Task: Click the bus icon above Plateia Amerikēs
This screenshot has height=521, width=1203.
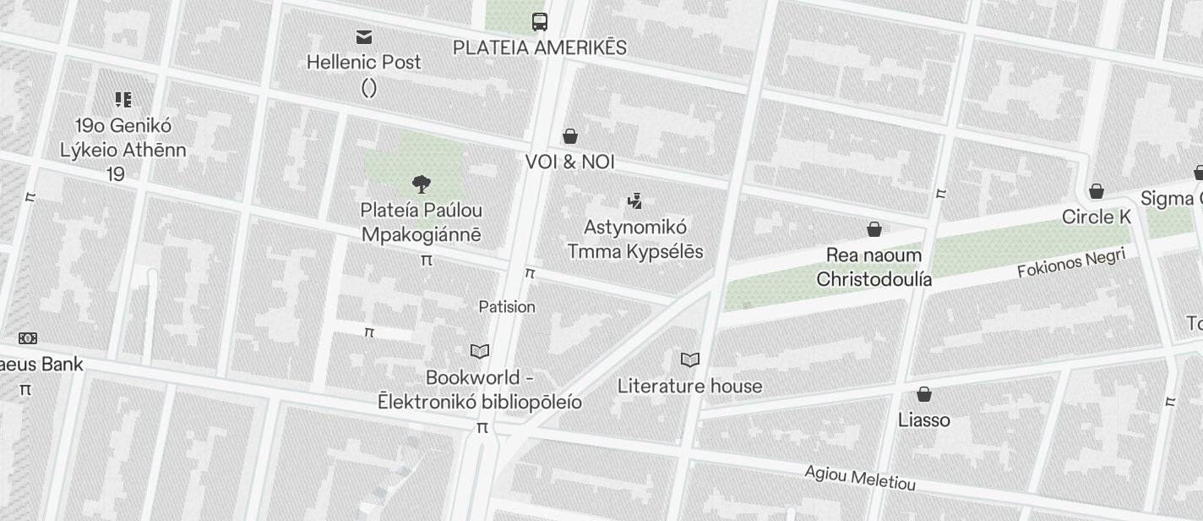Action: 540,21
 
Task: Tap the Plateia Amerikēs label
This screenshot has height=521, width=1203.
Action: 540,47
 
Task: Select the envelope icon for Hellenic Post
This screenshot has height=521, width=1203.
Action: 364,36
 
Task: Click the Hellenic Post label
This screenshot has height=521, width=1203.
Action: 363,62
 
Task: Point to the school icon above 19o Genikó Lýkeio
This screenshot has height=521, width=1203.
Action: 123,101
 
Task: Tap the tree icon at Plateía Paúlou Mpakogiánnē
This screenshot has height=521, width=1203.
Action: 421,184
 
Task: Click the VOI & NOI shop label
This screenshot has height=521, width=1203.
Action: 570,162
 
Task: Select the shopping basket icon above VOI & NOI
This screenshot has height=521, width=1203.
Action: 570,136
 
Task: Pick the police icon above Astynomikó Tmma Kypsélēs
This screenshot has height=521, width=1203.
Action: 635,201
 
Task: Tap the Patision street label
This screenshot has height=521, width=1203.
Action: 507,306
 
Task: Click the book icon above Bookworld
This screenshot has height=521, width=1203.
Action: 480,351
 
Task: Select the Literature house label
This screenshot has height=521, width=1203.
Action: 689,387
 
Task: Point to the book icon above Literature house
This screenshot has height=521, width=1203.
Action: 690,360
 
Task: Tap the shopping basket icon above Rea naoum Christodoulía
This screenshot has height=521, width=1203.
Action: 874,229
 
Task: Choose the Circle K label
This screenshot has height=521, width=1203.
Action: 1096,217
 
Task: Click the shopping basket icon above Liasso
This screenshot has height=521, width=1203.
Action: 924,394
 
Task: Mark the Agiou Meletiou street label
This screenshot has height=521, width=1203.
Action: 860,478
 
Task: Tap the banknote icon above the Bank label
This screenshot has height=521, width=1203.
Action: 28,338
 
